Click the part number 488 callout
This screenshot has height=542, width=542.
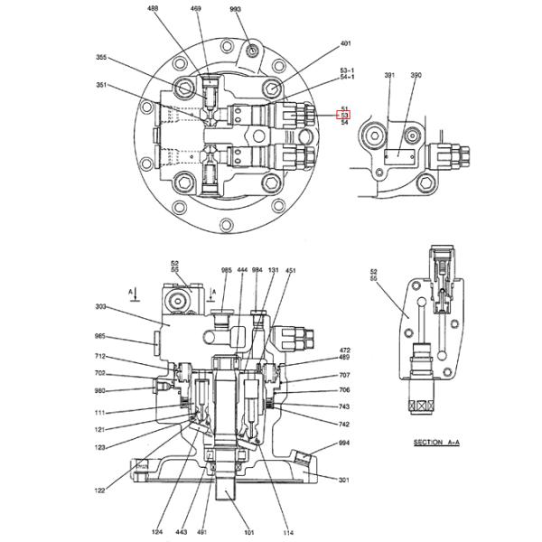[x=152, y=8]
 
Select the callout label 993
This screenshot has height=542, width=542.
[x=236, y=8]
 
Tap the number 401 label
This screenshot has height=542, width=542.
[x=345, y=43]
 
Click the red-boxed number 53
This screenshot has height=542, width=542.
[x=344, y=115]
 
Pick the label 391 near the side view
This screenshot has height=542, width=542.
[x=389, y=76]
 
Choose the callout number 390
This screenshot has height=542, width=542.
[x=416, y=76]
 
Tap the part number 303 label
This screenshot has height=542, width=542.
[x=100, y=307]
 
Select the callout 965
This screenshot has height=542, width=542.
[x=100, y=336]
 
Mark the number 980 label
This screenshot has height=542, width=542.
[x=100, y=390]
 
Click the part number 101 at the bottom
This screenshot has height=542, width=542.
[x=248, y=532]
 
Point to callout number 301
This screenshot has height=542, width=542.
[x=344, y=481]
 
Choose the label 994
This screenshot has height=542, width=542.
[x=344, y=444]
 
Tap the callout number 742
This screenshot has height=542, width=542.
[x=344, y=424]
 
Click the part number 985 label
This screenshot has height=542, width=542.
[x=226, y=270]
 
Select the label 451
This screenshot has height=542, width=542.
[x=290, y=270]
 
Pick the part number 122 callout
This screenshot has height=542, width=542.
[x=99, y=491]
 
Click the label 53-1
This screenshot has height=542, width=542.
[x=347, y=70]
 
